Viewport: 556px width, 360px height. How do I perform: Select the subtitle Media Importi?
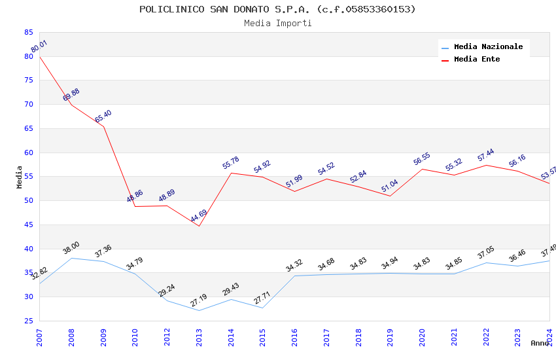coord(277,23)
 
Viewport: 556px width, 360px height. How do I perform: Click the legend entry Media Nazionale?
coord(488,46)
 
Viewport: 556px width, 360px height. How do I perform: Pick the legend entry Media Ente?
coord(477,59)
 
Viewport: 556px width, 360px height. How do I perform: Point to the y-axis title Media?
coord(20,177)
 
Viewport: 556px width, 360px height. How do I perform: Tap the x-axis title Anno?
coord(540,343)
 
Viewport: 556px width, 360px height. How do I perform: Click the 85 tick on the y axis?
coord(28,32)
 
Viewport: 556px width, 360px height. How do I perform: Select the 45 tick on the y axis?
coord(28,225)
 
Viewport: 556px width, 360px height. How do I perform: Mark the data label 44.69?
coord(199,215)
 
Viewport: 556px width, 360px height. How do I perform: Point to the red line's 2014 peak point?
coord(231,173)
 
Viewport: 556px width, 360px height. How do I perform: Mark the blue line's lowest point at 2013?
coord(199,310)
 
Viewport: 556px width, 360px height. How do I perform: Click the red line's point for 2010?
coord(135,206)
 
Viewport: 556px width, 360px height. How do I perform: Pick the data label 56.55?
coord(422,159)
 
